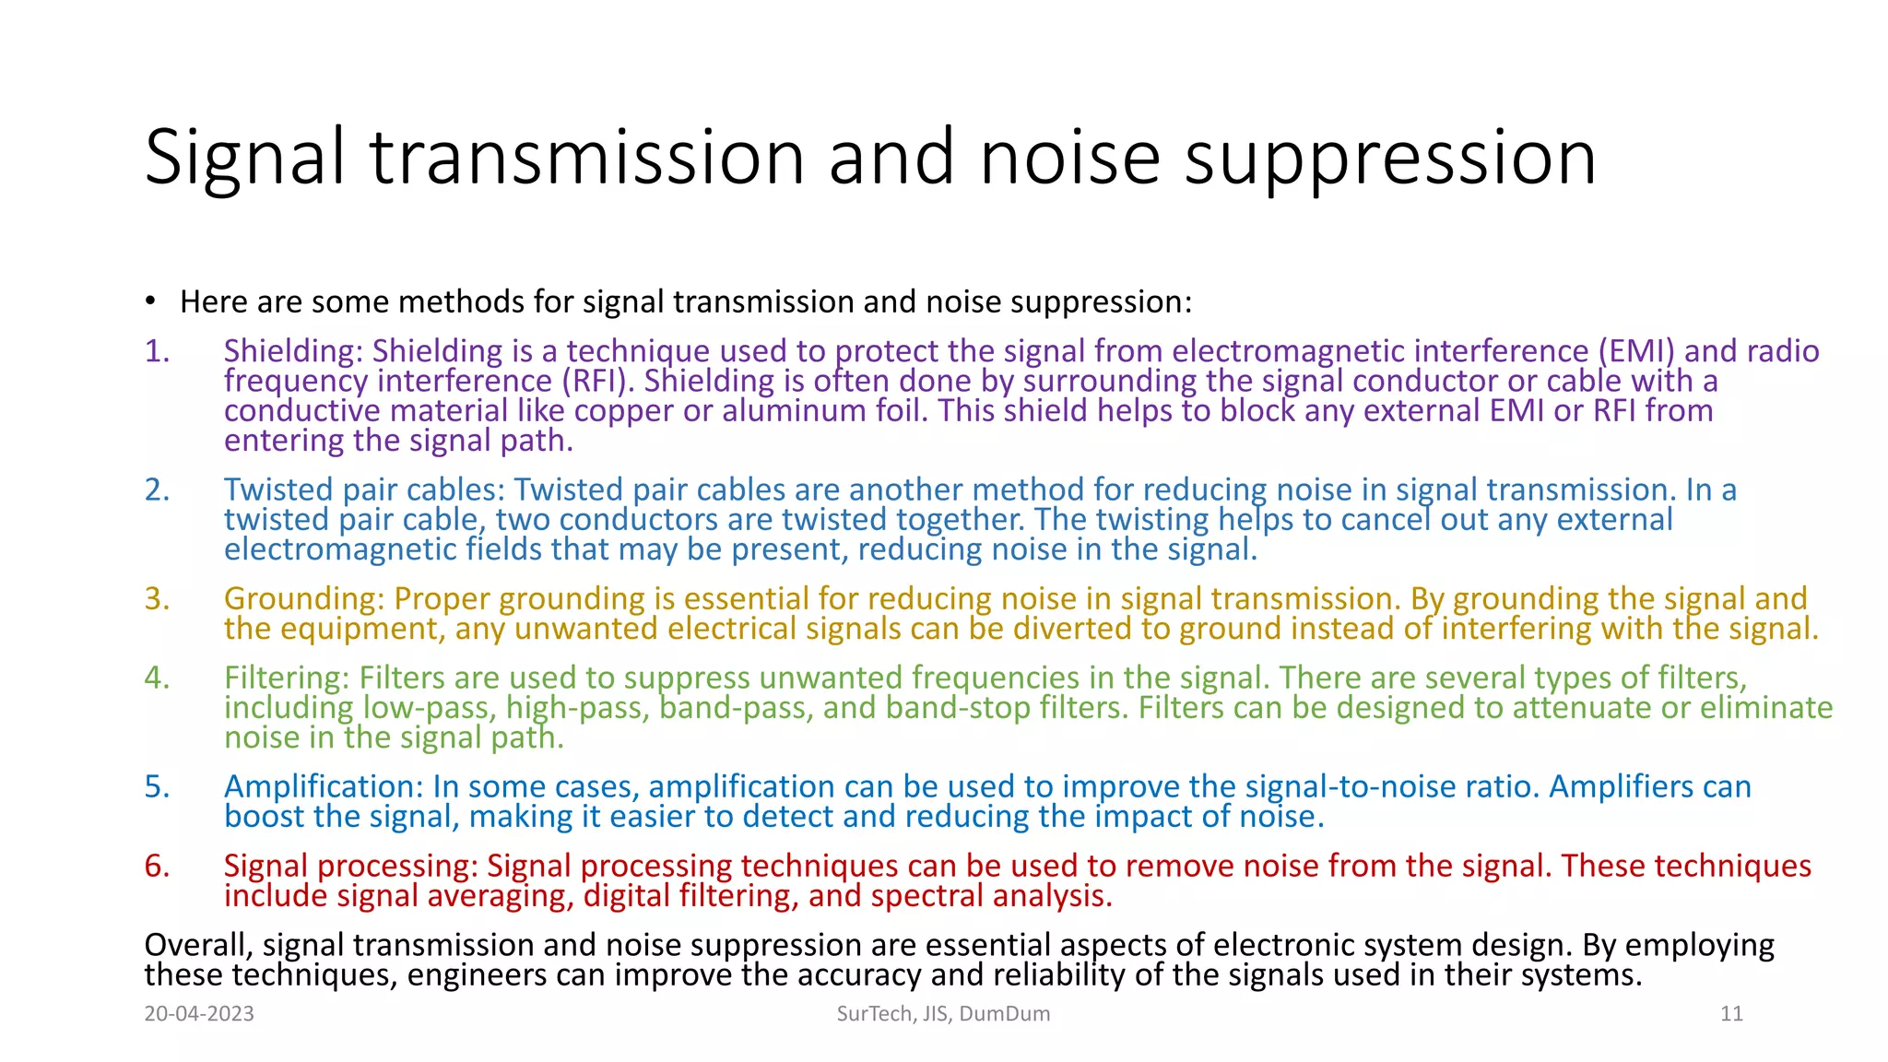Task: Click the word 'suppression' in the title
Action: tap(1389, 159)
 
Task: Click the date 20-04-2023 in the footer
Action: tap(199, 1014)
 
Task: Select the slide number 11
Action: tap(1731, 1014)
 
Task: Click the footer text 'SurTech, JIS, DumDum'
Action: tap(943, 1014)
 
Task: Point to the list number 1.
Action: tap(157, 351)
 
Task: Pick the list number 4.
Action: tap(157, 678)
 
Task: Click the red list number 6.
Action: tap(157, 866)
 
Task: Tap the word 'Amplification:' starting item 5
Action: tap(324, 786)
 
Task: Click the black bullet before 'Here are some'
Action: tap(149, 302)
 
